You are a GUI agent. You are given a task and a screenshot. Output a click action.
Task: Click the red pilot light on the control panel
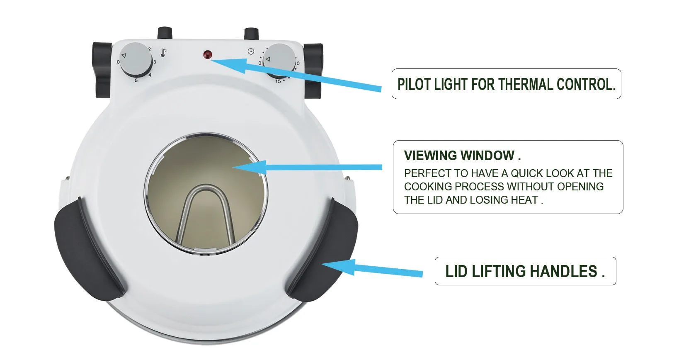(207, 55)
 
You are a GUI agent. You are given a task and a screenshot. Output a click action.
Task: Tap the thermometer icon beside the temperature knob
(163, 53)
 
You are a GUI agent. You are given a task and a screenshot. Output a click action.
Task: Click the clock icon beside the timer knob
(251, 51)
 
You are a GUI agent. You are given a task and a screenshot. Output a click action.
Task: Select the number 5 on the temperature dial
(136, 80)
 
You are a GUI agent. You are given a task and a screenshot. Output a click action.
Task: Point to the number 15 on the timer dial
(278, 81)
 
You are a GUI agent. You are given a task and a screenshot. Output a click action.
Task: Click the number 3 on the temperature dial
(155, 62)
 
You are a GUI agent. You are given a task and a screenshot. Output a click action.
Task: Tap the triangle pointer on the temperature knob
(124, 56)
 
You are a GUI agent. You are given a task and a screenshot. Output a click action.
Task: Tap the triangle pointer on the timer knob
(268, 59)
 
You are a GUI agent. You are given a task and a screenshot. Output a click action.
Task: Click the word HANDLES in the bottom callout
(563, 271)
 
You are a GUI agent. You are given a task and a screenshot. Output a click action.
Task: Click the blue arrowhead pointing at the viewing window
(250, 167)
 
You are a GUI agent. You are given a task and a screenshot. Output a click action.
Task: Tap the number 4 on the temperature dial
(150, 75)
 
